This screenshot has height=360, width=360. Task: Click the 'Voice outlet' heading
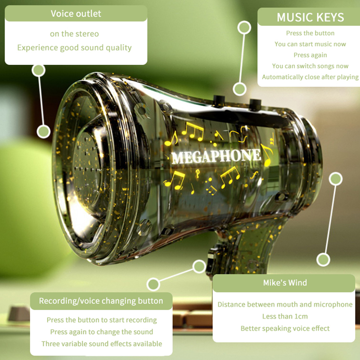[76, 13]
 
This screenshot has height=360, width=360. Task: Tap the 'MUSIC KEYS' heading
[310, 17]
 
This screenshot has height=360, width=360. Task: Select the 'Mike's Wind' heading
[285, 283]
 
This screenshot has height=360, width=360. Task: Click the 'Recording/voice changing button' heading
[101, 301]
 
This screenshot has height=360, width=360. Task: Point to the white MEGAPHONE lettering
[216, 156]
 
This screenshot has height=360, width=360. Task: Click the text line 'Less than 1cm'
[285, 316]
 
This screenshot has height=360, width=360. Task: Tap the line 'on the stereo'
[74, 34]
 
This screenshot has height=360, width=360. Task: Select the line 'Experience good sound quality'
[74, 48]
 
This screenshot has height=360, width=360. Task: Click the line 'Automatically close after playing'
[310, 77]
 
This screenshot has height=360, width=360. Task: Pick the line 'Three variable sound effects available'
[102, 344]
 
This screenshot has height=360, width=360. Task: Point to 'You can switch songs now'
[310, 66]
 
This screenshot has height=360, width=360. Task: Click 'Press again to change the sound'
[102, 332]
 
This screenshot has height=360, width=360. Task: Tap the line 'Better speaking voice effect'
[285, 328]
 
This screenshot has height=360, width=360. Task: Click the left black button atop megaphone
[219, 100]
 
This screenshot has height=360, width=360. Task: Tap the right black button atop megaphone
[256, 104]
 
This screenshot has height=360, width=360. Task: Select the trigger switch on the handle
[211, 261]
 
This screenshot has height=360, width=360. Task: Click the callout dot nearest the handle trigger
[199, 266]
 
